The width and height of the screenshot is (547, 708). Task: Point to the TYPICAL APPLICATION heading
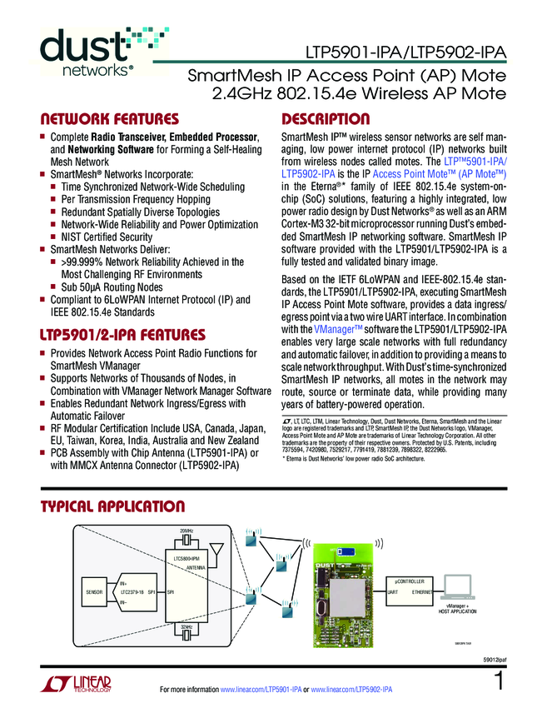coord(113,506)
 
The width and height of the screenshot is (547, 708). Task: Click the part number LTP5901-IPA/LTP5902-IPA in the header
coord(405,52)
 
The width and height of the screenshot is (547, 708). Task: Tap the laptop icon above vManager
coord(461,586)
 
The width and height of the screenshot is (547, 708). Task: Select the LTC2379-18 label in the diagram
coord(132,591)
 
